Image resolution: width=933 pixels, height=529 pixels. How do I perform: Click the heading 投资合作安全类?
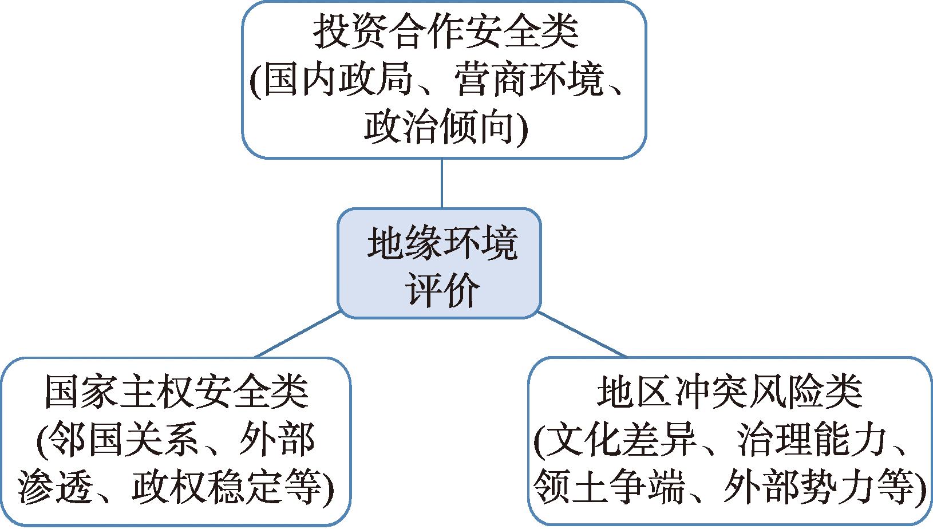coord(446,32)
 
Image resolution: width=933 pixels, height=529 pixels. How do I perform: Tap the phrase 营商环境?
coord(529,79)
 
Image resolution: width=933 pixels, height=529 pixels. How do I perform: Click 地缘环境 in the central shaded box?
coord(442,243)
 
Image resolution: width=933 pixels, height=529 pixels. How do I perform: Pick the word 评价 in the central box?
coord(442,290)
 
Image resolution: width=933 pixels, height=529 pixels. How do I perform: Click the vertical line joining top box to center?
coord(442,183)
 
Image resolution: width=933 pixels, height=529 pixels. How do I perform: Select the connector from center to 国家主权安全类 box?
coord(298,334)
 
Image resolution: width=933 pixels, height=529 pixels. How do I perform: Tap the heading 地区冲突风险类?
coord(730,392)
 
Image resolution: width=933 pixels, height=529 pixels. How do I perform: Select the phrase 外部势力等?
coord(819,487)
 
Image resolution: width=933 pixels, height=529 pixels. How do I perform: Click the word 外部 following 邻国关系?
coord(277,440)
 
